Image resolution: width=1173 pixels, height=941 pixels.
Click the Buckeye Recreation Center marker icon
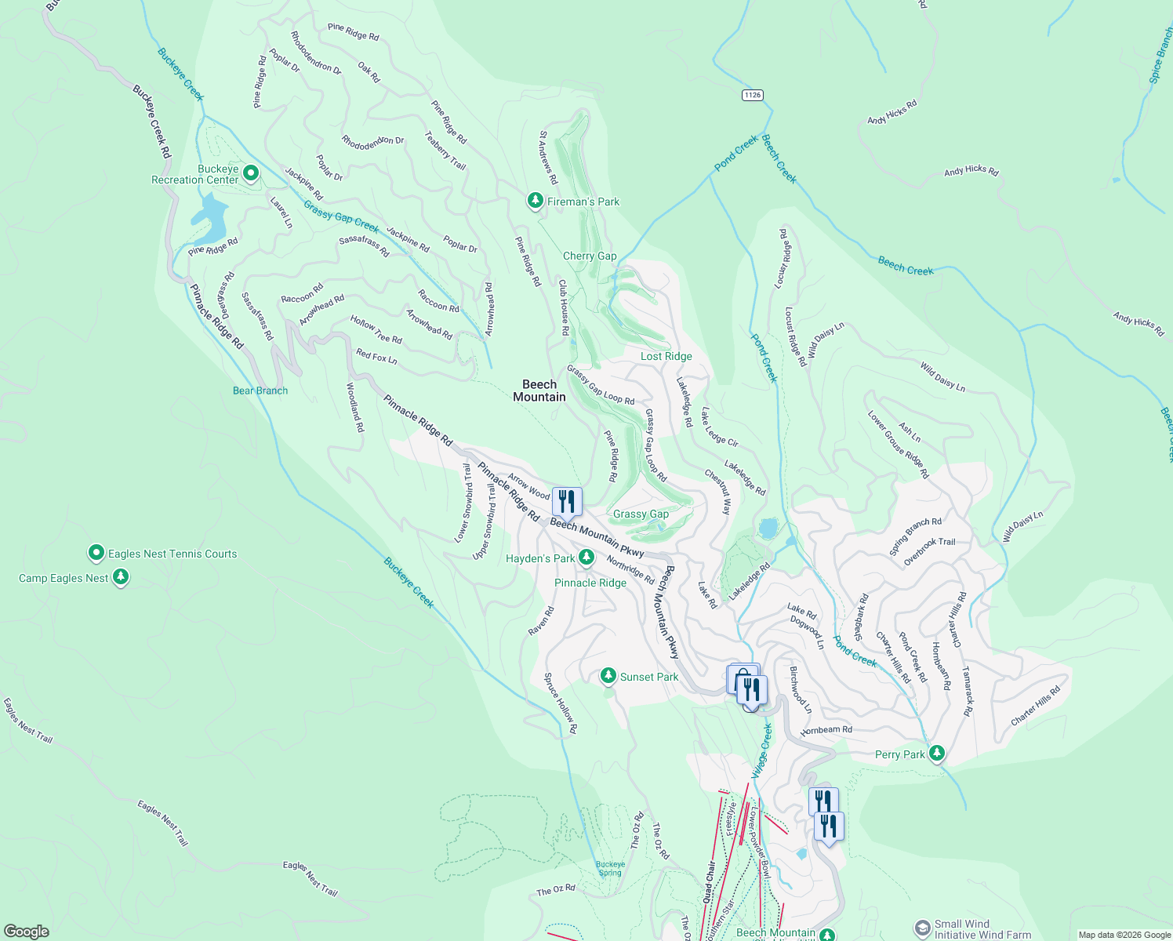point(251,173)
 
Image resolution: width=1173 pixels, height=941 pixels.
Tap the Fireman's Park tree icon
point(535,202)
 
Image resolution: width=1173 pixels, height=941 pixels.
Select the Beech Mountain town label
point(539,391)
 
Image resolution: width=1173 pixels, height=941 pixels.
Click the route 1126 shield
point(752,95)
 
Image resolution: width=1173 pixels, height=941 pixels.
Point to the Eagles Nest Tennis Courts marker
point(96,554)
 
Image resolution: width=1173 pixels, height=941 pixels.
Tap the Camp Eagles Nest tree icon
point(120,578)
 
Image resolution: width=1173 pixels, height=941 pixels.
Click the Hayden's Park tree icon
point(586,558)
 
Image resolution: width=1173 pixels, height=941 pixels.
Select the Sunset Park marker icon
point(608,676)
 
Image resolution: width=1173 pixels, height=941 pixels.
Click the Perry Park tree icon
point(936,754)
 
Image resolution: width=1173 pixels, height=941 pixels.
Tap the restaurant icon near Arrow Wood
point(567,501)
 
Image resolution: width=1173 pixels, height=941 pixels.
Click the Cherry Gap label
point(590,256)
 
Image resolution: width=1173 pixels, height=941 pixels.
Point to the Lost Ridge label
point(666,356)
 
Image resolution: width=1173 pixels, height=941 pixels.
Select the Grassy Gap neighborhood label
point(641,514)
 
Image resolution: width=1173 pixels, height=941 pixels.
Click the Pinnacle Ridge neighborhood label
point(590,583)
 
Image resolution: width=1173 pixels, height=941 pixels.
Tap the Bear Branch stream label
point(260,391)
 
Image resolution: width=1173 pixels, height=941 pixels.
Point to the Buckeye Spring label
point(610,869)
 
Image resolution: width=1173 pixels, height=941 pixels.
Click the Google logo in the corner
point(26,931)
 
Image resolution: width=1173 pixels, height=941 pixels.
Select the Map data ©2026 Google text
point(1124,935)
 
